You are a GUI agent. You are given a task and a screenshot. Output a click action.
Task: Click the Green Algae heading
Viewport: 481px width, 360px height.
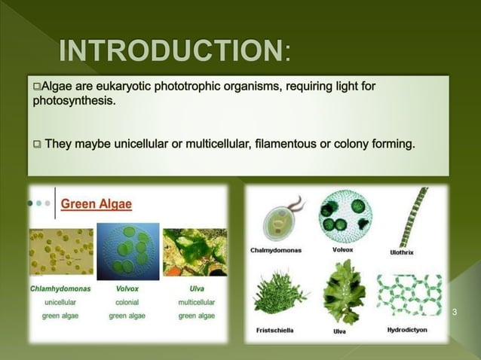click(96, 203)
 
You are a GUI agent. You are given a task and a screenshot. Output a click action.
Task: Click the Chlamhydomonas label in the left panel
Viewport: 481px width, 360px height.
click(60, 288)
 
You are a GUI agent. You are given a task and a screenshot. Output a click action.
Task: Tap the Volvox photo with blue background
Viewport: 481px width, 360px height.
click(127, 252)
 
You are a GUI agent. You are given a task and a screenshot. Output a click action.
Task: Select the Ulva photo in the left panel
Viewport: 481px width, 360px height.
click(195, 252)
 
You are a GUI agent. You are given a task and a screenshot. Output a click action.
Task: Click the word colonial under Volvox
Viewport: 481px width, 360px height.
click(127, 302)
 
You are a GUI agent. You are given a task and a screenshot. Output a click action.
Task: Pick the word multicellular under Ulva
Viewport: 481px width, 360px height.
click(196, 302)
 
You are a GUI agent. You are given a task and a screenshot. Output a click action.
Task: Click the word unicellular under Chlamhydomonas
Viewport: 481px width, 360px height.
click(60, 302)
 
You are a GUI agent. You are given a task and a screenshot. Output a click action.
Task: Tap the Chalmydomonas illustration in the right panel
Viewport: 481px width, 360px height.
click(280, 218)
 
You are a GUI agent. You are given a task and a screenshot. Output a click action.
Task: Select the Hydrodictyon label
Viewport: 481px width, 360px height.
click(409, 330)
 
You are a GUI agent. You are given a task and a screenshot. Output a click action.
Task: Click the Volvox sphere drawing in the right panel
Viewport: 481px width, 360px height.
click(345, 214)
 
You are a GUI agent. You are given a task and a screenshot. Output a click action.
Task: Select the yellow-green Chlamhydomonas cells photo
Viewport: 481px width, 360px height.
click(60, 252)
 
